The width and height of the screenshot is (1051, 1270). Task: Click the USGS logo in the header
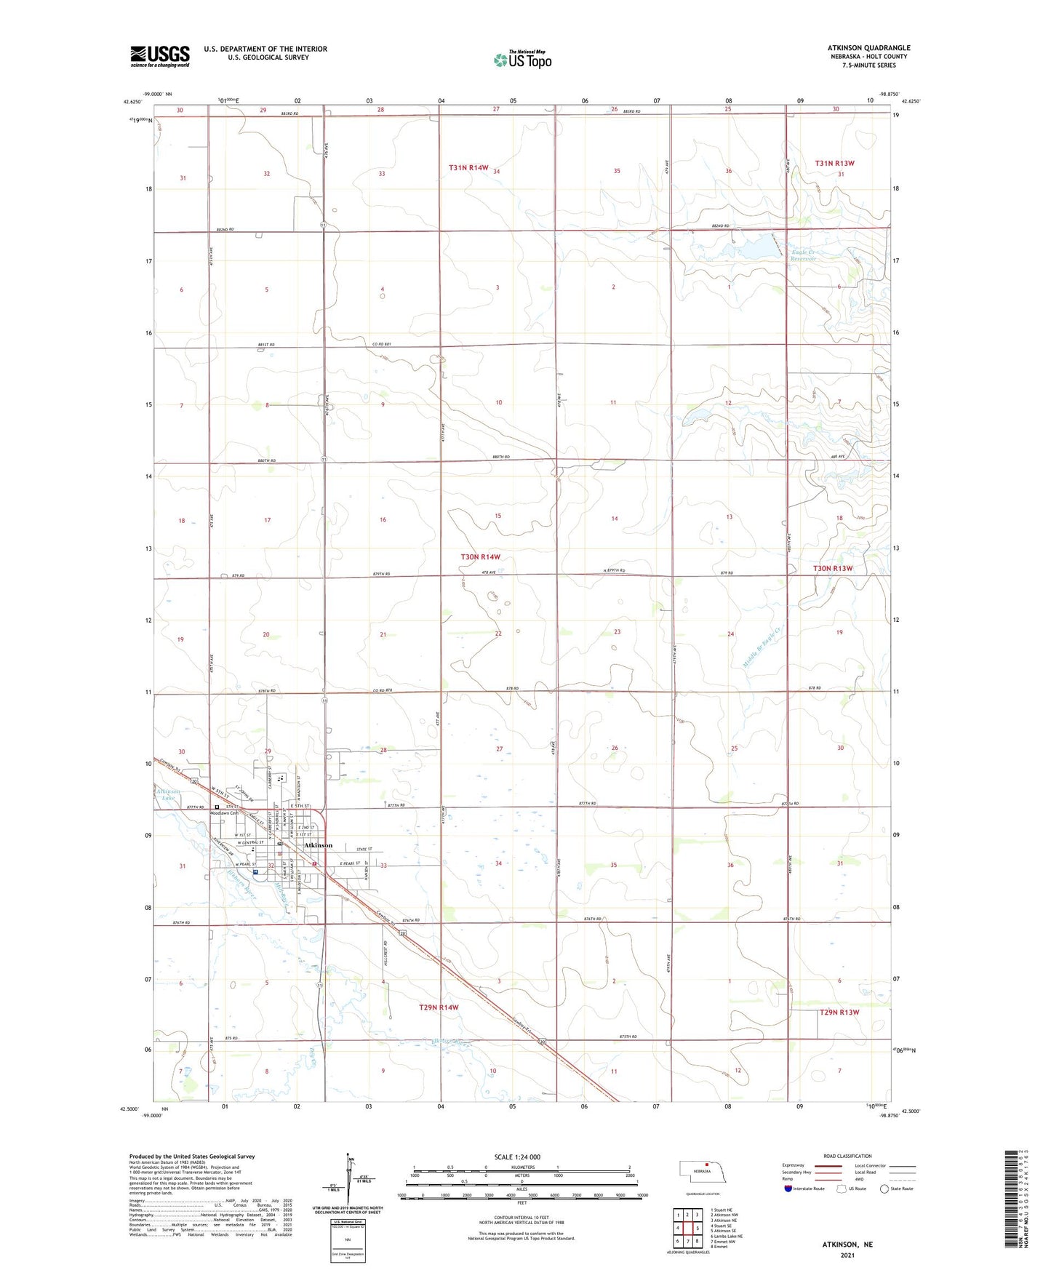160,56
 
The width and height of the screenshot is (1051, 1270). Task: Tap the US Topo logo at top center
522,60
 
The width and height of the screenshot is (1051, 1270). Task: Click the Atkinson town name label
318,845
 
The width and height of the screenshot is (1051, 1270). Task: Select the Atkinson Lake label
167,794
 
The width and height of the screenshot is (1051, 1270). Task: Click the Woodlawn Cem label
225,813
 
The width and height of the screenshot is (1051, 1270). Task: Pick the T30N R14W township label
480,556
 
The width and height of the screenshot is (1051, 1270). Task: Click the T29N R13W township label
839,1013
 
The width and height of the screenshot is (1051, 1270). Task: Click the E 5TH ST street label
300,807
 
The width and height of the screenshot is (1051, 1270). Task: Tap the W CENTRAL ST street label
244,843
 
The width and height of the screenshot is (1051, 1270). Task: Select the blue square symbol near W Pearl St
255,871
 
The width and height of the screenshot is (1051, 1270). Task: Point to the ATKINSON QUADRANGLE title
868,48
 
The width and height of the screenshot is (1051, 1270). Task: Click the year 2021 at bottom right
847,1255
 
